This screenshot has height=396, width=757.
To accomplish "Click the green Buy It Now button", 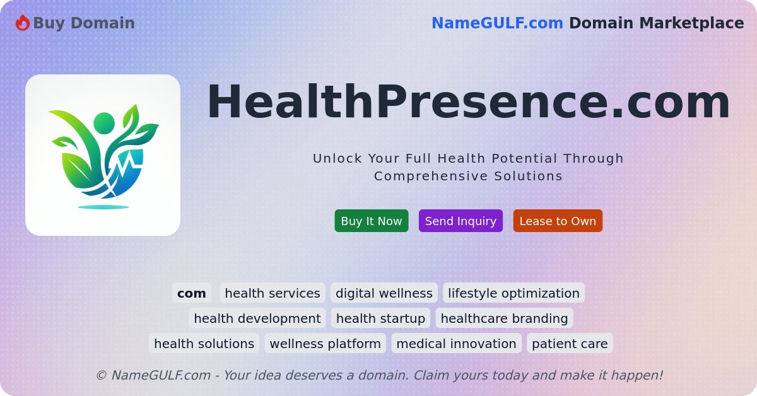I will [371, 221].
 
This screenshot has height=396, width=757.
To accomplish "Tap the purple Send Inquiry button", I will [461, 221].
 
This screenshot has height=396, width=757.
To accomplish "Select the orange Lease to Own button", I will [558, 221].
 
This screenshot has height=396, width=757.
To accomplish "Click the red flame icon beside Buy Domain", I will [23, 23].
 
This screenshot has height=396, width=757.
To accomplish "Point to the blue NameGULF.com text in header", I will [497, 23].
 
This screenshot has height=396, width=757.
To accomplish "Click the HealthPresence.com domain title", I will [468, 102].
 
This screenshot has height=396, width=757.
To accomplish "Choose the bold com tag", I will [191, 293].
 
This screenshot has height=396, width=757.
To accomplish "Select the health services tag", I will [273, 293].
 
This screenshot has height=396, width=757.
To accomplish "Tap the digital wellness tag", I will [384, 293].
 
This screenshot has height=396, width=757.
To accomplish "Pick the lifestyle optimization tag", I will [513, 293].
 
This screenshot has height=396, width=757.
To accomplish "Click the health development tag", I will [257, 318].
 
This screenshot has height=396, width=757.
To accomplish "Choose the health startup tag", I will [380, 318].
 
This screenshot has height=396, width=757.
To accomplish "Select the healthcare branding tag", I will [504, 318].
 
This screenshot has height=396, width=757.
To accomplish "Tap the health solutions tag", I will [204, 344].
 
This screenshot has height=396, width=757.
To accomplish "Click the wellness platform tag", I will [325, 344].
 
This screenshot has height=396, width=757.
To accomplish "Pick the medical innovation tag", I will [456, 344].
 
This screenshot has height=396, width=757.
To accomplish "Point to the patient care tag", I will [570, 344].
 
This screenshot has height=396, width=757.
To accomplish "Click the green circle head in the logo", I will [104, 123].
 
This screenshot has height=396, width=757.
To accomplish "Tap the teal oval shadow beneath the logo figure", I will [103, 207].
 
